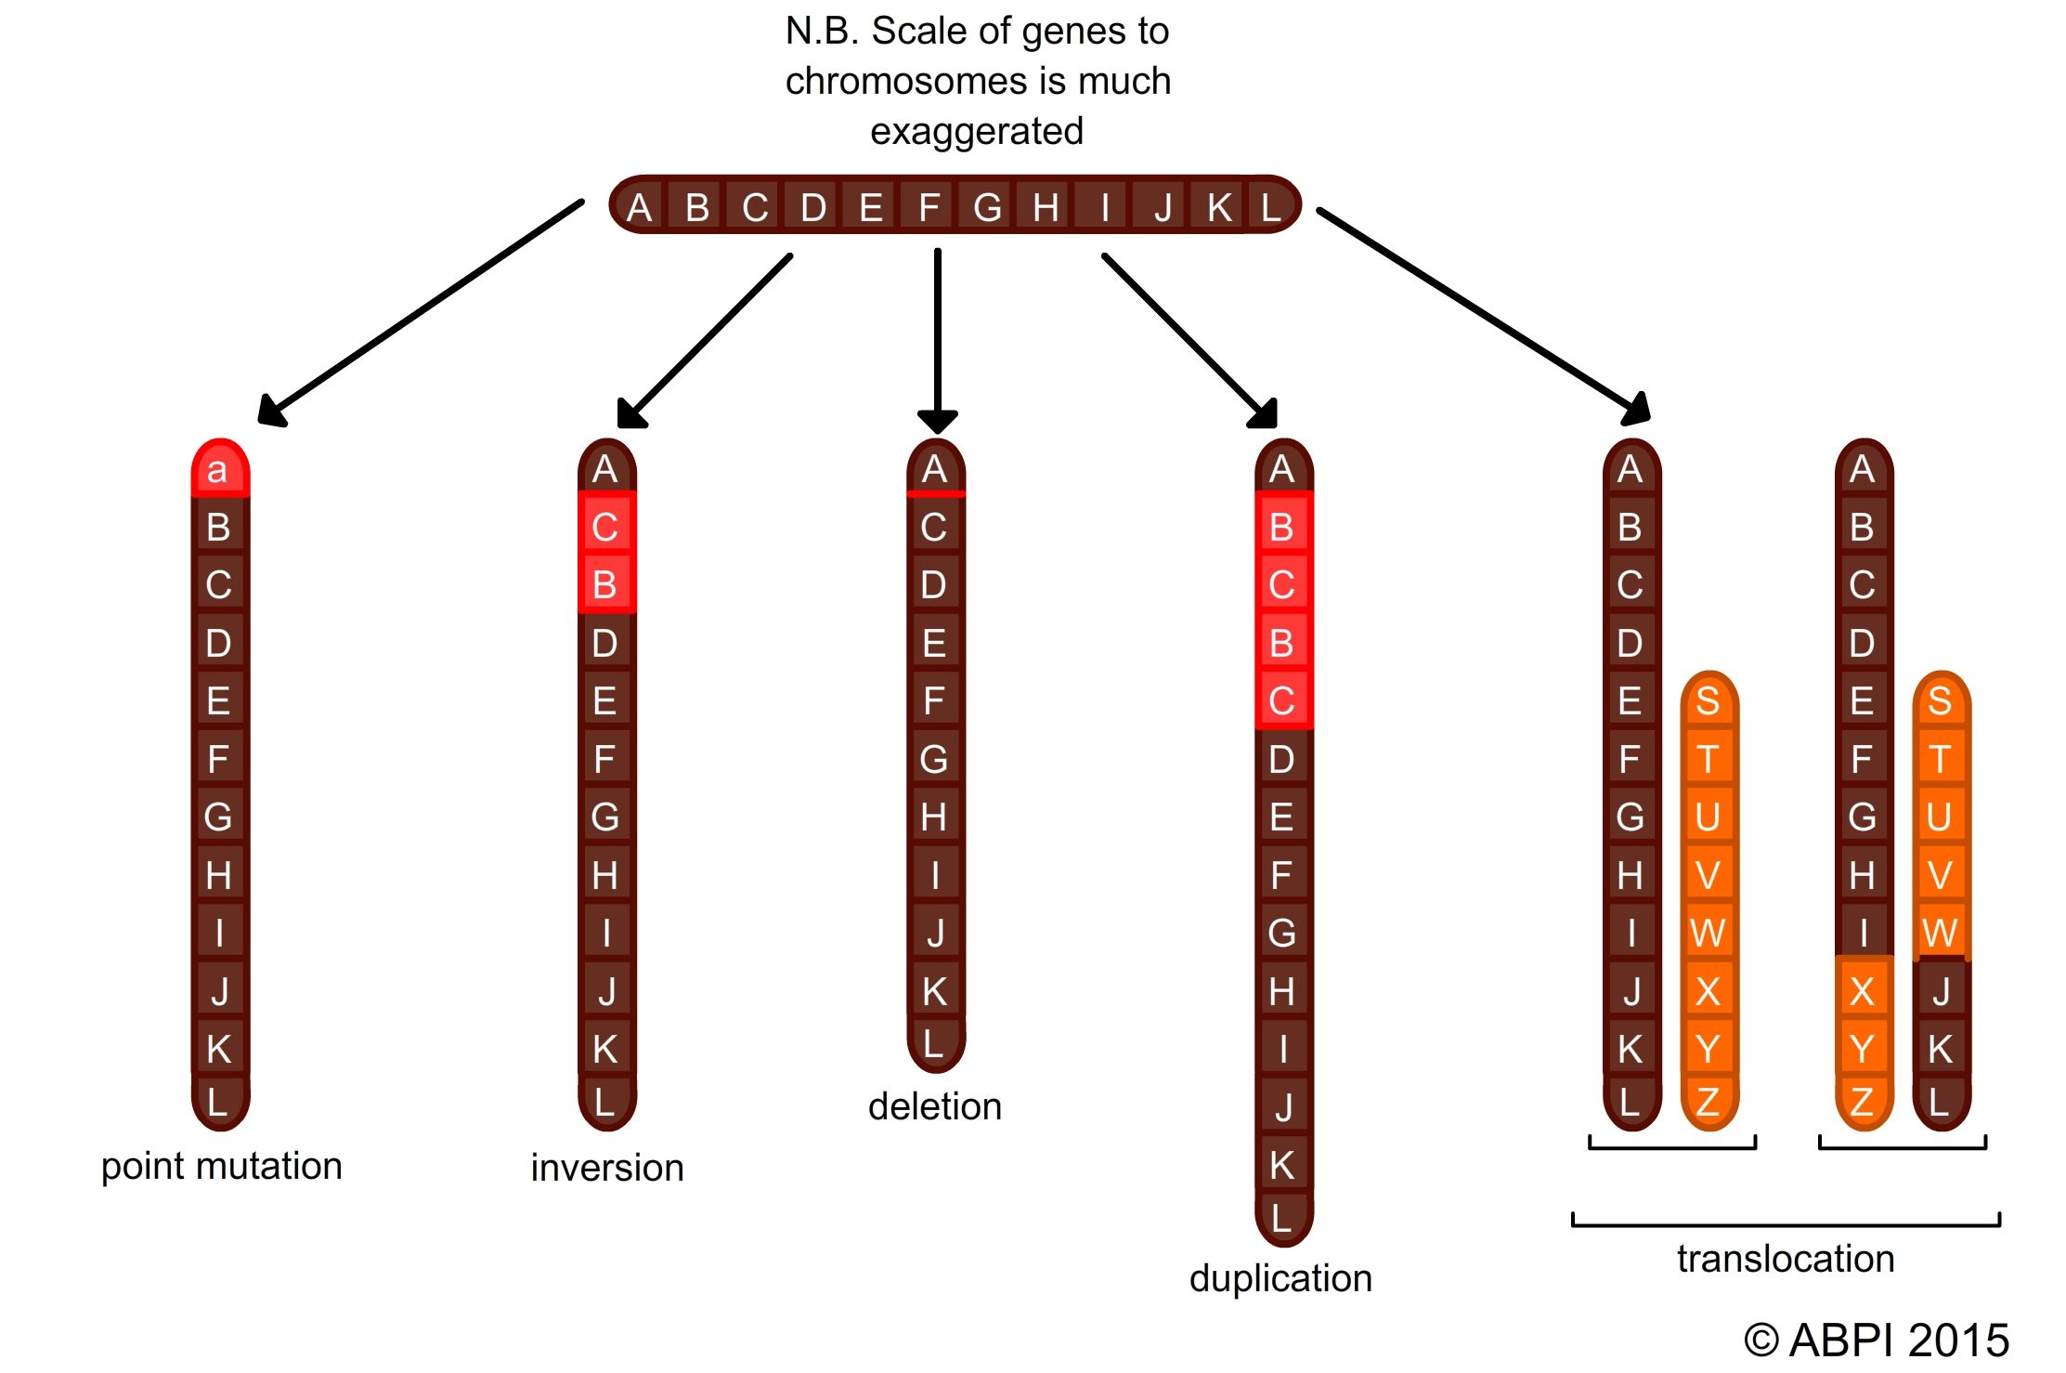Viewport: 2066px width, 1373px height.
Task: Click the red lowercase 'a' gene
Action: coord(219,470)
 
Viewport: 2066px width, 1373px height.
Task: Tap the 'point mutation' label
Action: coord(221,1166)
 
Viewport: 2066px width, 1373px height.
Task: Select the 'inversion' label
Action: coord(607,1168)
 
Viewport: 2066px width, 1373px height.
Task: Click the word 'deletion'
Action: coord(935,1106)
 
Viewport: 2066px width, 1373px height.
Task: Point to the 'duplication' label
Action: coord(1280,1278)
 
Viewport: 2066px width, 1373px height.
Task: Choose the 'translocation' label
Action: coord(1786,1259)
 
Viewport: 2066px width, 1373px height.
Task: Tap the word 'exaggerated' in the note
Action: coord(976,131)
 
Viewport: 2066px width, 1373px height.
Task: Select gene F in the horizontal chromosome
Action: coord(929,207)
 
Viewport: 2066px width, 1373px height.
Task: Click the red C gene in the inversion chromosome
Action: coord(605,528)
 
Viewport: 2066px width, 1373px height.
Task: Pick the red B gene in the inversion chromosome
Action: coord(605,585)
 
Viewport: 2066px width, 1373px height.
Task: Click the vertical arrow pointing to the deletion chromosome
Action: coord(938,334)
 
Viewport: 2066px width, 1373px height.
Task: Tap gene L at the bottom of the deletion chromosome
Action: coord(935,1043)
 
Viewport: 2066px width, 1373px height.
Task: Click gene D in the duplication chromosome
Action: coord(1282,760)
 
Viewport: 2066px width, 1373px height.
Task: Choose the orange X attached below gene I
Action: coord(1862,991)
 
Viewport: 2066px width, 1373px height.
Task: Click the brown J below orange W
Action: coord(1941,991)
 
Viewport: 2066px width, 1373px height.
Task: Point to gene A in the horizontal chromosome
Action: coord(639,207)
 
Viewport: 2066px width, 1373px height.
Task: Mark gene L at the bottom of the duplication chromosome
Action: coord(1282,1217)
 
